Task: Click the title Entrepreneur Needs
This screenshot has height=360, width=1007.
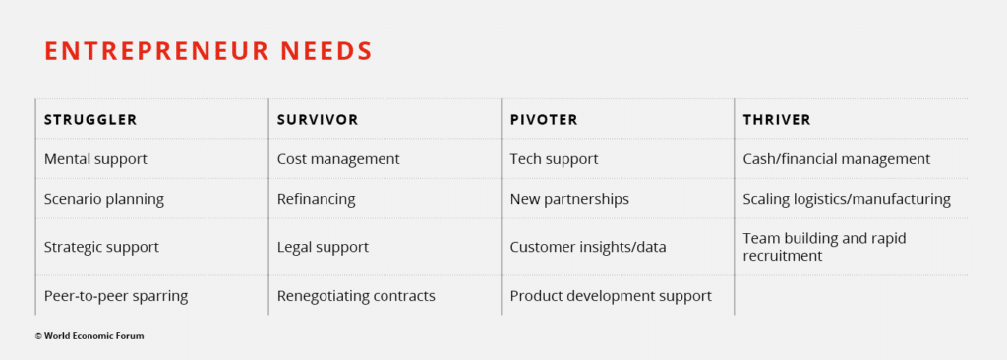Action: point(208,51)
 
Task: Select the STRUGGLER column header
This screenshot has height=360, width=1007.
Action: point(90,120)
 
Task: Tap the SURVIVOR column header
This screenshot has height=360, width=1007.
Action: point(318,120)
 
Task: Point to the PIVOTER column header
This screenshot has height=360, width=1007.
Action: point(544,120)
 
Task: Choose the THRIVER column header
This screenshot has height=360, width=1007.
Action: point(777,120)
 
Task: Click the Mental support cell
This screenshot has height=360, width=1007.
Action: point(95,158)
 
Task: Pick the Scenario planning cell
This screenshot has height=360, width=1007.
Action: point(104,199)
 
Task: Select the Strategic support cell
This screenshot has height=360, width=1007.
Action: point(101,247)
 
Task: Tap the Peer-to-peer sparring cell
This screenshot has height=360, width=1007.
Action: point(116,296)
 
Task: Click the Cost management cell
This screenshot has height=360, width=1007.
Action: point(338,158)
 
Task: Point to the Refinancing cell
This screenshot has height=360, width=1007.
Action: point(316,199)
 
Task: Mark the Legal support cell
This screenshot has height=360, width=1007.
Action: point(323,247)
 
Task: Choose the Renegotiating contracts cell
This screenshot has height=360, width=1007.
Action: point(356,296)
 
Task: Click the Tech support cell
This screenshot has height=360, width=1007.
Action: point(555,158)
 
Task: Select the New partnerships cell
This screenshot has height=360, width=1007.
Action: point(569,199)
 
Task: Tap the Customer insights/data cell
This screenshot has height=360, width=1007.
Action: point(588,247)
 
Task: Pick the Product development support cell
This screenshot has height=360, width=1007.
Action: point(611,296)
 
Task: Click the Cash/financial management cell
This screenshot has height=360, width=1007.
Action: point(837,158)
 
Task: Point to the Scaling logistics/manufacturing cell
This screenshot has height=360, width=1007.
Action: point(847,199)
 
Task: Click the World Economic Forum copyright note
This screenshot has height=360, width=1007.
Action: point(89,335)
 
